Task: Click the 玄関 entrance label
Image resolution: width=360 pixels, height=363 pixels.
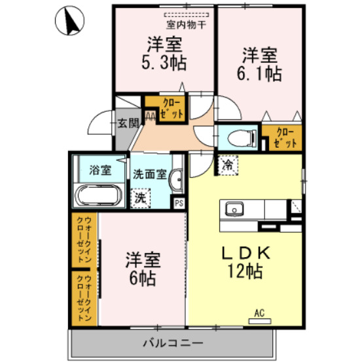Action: [x=128, y=122]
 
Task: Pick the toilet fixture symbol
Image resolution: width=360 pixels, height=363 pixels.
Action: [x=237, y=137]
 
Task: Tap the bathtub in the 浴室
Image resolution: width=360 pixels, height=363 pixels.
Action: [x=98, y=195]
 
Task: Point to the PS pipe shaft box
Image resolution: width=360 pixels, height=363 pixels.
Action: [x=179, y=203]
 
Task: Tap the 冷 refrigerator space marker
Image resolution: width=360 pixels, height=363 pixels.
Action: [x=227, y=165]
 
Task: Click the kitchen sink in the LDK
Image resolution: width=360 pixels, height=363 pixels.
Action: [x=234, y=210]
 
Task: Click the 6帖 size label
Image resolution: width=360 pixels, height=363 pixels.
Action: [x=141, y=278]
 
